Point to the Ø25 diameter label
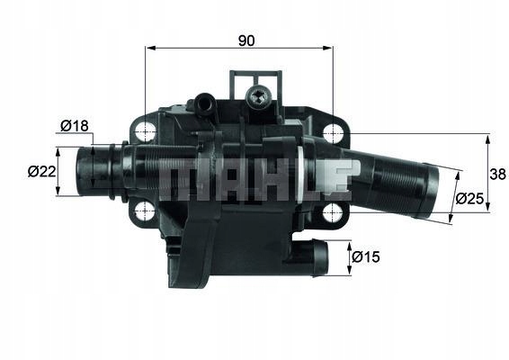coord(469,198)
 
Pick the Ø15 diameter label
coord(364,258)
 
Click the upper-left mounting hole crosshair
coord(145,132)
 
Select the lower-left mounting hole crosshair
coord(145,212)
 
